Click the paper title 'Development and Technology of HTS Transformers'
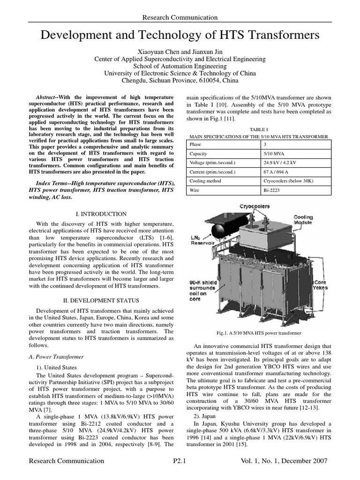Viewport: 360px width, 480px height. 180,35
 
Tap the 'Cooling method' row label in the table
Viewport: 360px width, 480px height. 205,182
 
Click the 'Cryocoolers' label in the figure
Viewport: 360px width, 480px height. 255,206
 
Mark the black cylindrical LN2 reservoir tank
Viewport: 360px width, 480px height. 220,231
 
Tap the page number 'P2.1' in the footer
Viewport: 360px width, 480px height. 180,461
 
